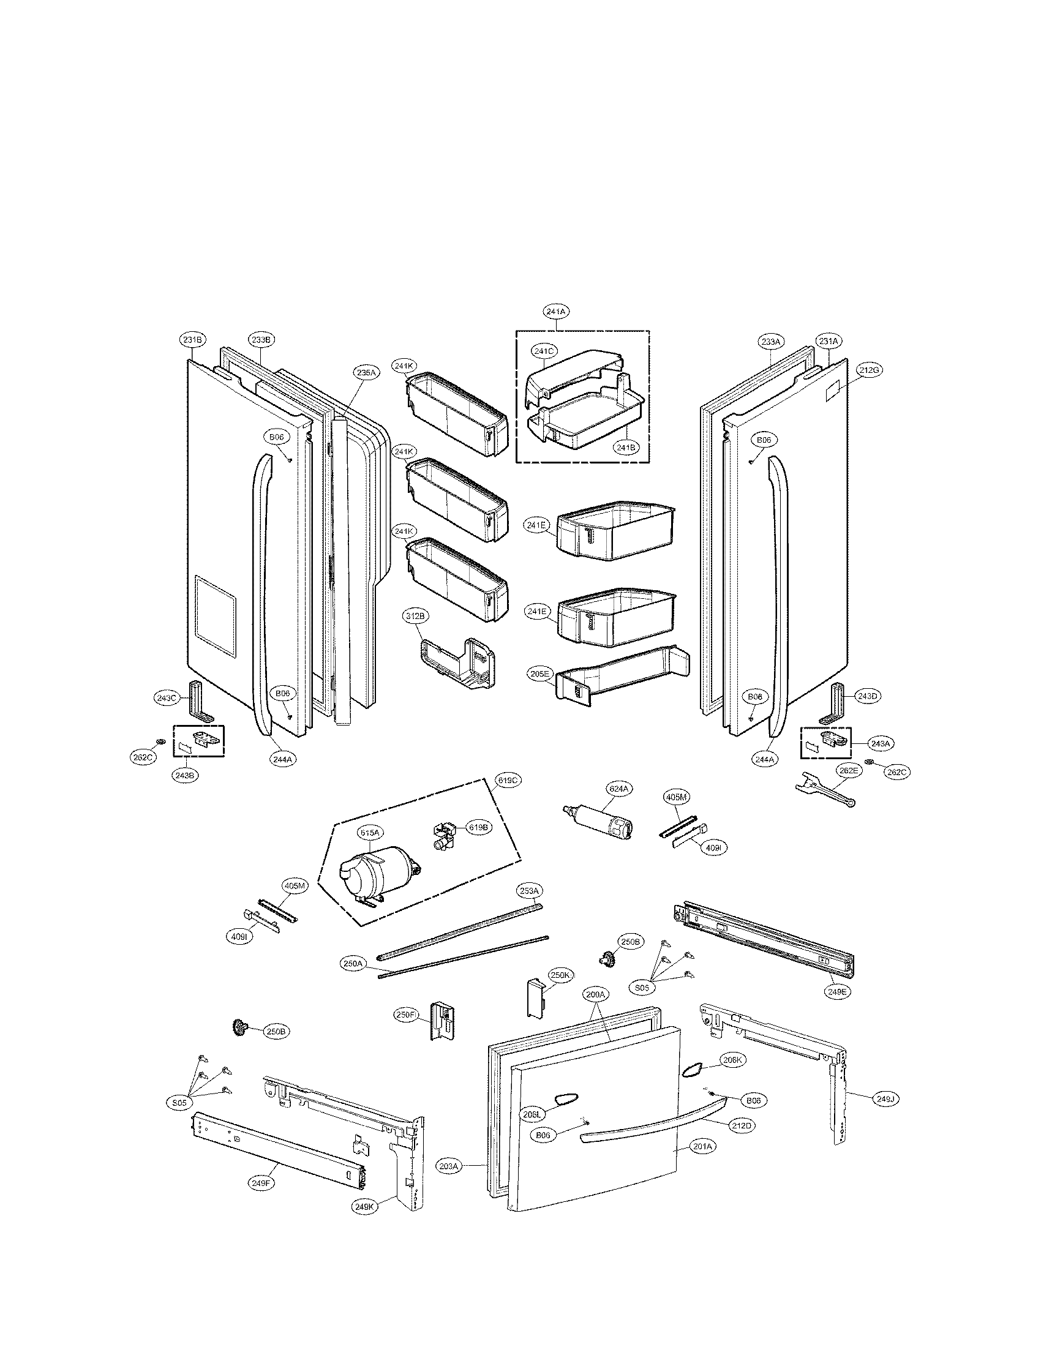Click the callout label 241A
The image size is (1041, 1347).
pyautogui.click(x=555, y=312)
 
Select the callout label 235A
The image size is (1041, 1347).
pyautogui.click(x=366, y=372)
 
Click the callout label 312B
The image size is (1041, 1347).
pyautogui.click(x=415, y=616)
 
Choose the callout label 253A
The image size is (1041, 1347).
pyautogui.click(x=529, y=891)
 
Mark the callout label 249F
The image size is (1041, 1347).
pyautogui.click(x=261, y=1184)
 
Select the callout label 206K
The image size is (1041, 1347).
pyautogui.click(x=733, y=1060)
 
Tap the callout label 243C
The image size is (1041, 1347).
pyautogui.click(x=166, y=697)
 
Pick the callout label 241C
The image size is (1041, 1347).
pyautogui.click(x=544, y=351)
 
